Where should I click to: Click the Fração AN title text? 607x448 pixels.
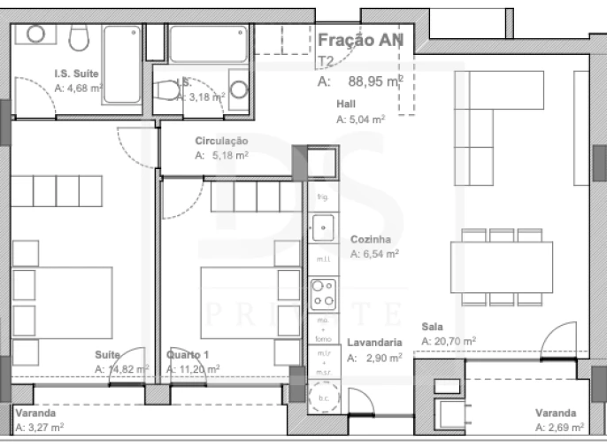pos(360,41)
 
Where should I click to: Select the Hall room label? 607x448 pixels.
pos(346,104)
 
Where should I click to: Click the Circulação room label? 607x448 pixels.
pos(221,141)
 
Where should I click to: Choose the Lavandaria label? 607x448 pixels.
pos(375,343)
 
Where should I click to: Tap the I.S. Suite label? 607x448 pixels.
pos(76,74)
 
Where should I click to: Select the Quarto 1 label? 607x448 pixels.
pos(188,355)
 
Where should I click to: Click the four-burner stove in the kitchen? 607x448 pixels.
pos(321,290)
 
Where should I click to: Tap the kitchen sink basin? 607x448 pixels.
pos(322,228)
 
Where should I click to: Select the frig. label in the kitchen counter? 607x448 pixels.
pos(322,197)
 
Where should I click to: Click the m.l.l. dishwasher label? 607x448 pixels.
pos(322,259)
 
